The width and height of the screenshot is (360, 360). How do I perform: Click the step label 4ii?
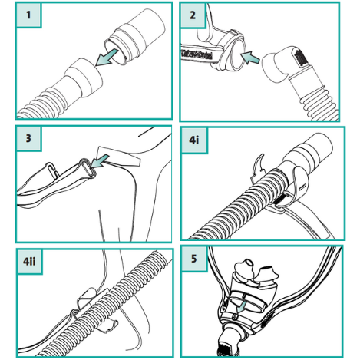28,261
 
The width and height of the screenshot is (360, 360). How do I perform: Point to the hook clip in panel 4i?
260,163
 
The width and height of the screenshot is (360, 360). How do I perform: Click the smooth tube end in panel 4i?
312,150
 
